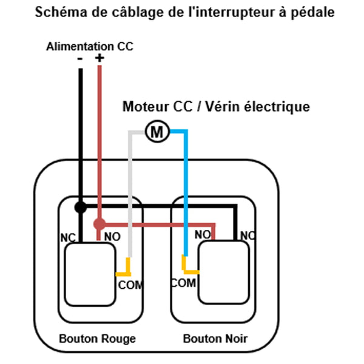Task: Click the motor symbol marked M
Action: click(157, 132)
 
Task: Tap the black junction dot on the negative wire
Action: click(81, 207)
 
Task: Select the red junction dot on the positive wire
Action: click(99, 224)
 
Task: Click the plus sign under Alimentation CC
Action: click(99, 58)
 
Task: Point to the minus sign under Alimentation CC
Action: click(80, 59)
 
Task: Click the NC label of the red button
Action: click(68, 238)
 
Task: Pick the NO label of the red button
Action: click(112, 237)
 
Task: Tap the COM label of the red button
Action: click(130, 285)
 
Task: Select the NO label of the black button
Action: click(203, 234)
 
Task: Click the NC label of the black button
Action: click(248, 235)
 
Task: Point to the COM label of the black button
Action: click(183, 283)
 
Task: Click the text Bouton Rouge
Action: click(98, 339)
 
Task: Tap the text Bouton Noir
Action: click(215, 339)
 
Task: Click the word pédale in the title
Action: click(312, 12)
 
